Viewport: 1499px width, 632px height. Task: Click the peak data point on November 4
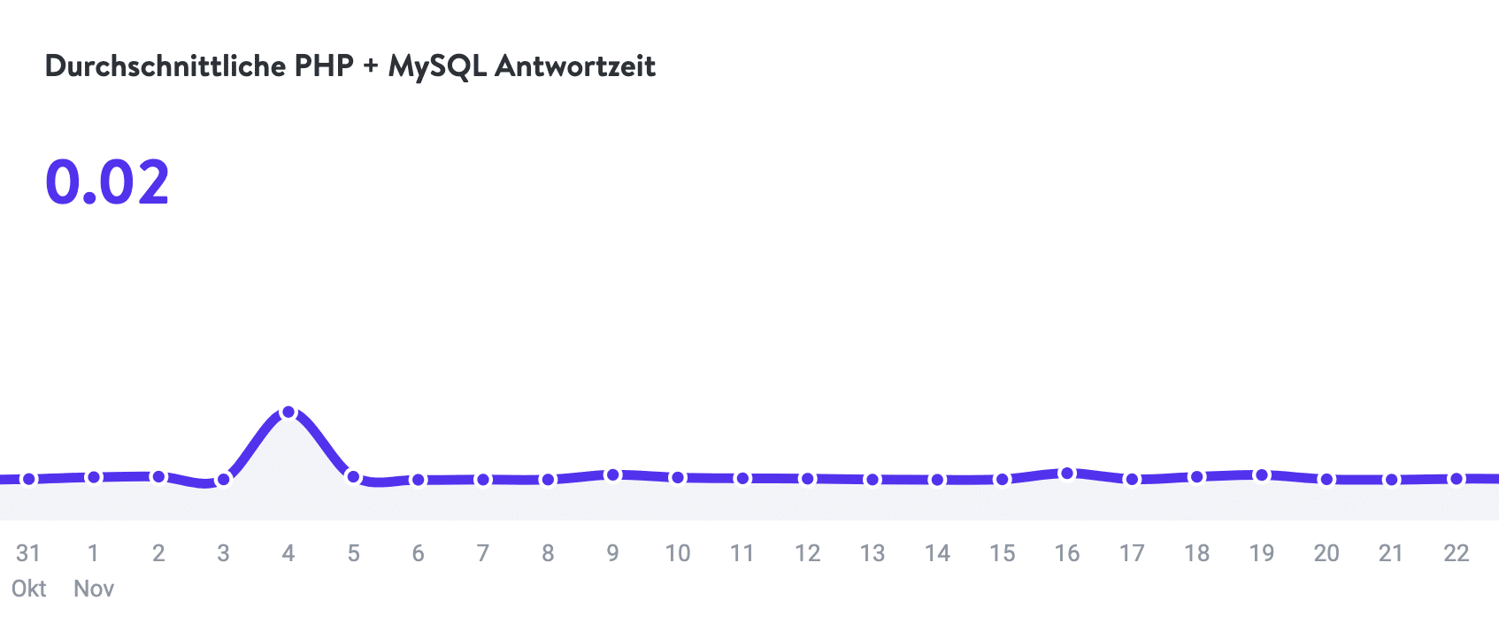288,412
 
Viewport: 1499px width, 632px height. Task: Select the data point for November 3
224,480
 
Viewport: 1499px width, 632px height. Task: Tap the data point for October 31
28,479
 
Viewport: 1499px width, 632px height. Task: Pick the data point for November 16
1067,474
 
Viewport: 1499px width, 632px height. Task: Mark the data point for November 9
612,475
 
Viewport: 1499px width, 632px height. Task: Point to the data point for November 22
1456,479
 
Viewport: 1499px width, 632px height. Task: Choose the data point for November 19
1262,475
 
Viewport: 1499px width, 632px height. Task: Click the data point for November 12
807,479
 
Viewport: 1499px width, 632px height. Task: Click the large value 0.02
107,183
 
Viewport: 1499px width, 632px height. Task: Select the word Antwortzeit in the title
575,66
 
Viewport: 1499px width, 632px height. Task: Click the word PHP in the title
324,66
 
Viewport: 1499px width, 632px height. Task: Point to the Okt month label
28,589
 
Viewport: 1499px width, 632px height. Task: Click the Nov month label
94,589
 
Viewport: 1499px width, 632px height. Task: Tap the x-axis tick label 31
28,553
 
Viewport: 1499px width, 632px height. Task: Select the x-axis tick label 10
677,553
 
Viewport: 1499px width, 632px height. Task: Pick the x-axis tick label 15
1002,553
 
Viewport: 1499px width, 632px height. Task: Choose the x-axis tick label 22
1456,553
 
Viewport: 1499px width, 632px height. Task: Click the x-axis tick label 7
482,553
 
